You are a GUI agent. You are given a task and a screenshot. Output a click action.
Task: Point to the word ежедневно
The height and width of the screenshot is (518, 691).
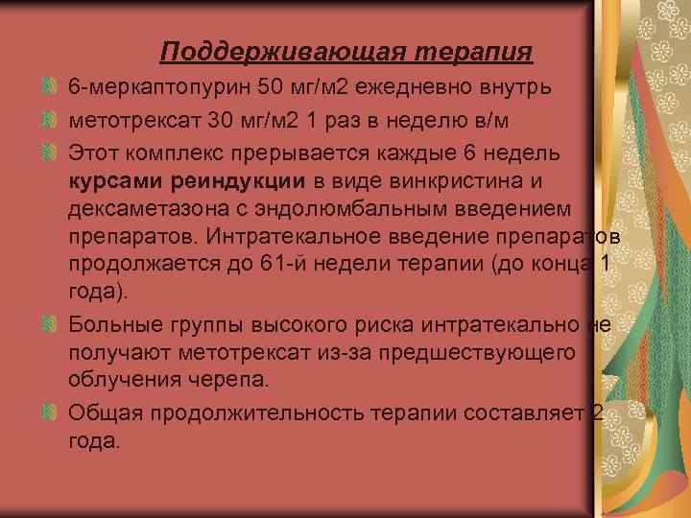tap(418, 89)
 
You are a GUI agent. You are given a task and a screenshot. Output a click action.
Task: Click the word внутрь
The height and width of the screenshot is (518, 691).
tap(516, 89)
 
